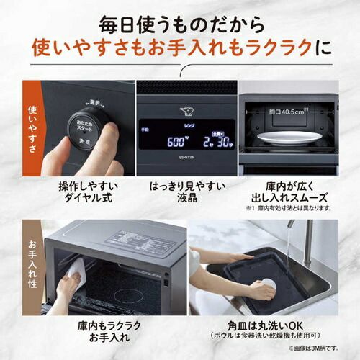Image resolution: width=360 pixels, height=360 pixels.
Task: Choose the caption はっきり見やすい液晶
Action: (186, 192)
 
